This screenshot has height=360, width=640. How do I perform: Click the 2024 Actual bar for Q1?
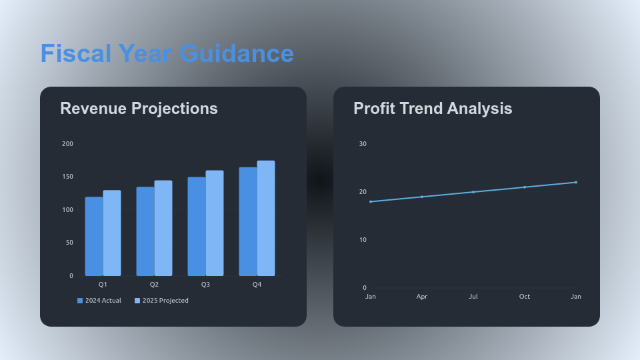[94, 237]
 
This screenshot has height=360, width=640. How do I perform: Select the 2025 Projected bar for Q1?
[112, 233]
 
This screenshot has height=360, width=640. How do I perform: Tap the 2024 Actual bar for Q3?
[197, 227]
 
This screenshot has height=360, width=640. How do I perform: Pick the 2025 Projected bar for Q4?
[266, 218]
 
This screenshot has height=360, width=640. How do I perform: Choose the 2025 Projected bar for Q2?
[163, 228]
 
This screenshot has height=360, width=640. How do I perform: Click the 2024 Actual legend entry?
[99, 301]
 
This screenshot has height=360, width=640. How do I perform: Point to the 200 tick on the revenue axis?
[67, 144]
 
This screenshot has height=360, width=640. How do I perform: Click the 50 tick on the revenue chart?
[69, 243]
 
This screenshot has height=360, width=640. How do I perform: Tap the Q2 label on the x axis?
[154, 285]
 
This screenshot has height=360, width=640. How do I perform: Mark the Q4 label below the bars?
[257, 285]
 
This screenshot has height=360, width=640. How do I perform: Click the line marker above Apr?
[422, 197]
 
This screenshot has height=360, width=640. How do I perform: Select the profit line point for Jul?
[473, 192]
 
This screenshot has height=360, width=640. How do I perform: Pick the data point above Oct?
[525, 187]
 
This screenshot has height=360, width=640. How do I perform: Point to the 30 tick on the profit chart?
[363, 144]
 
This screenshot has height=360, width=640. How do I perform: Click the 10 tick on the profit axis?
[363, 240]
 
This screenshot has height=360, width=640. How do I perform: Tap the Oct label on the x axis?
[525, 297]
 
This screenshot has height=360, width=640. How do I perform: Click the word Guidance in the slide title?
[237, 53]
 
